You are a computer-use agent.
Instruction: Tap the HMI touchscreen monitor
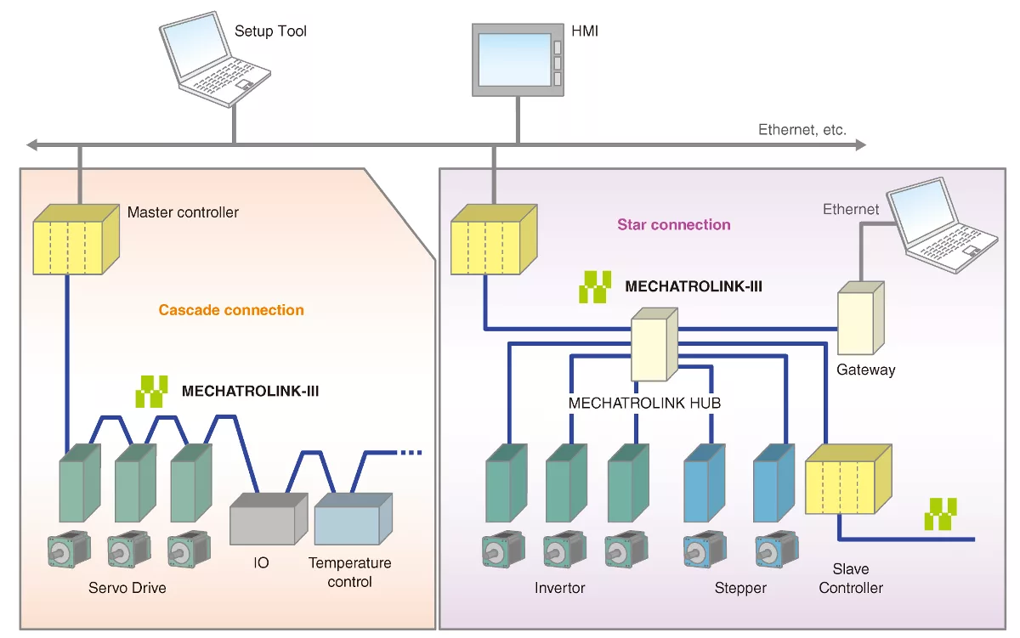[517, 59]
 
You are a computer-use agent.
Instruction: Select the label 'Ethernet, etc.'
[802, 130]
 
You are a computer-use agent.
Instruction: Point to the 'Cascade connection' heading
[231, 310]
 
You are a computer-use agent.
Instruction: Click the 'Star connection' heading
[673, 224]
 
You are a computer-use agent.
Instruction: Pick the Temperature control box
[352, 519]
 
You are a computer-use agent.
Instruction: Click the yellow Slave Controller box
[847, 479]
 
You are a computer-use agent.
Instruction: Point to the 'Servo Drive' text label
[127, 588]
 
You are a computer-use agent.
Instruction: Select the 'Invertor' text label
[559, 588]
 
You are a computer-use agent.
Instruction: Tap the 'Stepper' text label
[740, 588]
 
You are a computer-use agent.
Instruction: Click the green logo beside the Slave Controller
[941, 515]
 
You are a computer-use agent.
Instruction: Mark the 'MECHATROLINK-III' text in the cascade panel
[250, 392]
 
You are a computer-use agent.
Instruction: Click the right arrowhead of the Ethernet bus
[859, 145]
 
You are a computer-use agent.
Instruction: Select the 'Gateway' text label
[865, 370]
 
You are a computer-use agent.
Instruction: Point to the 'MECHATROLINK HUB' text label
[644, 403]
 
